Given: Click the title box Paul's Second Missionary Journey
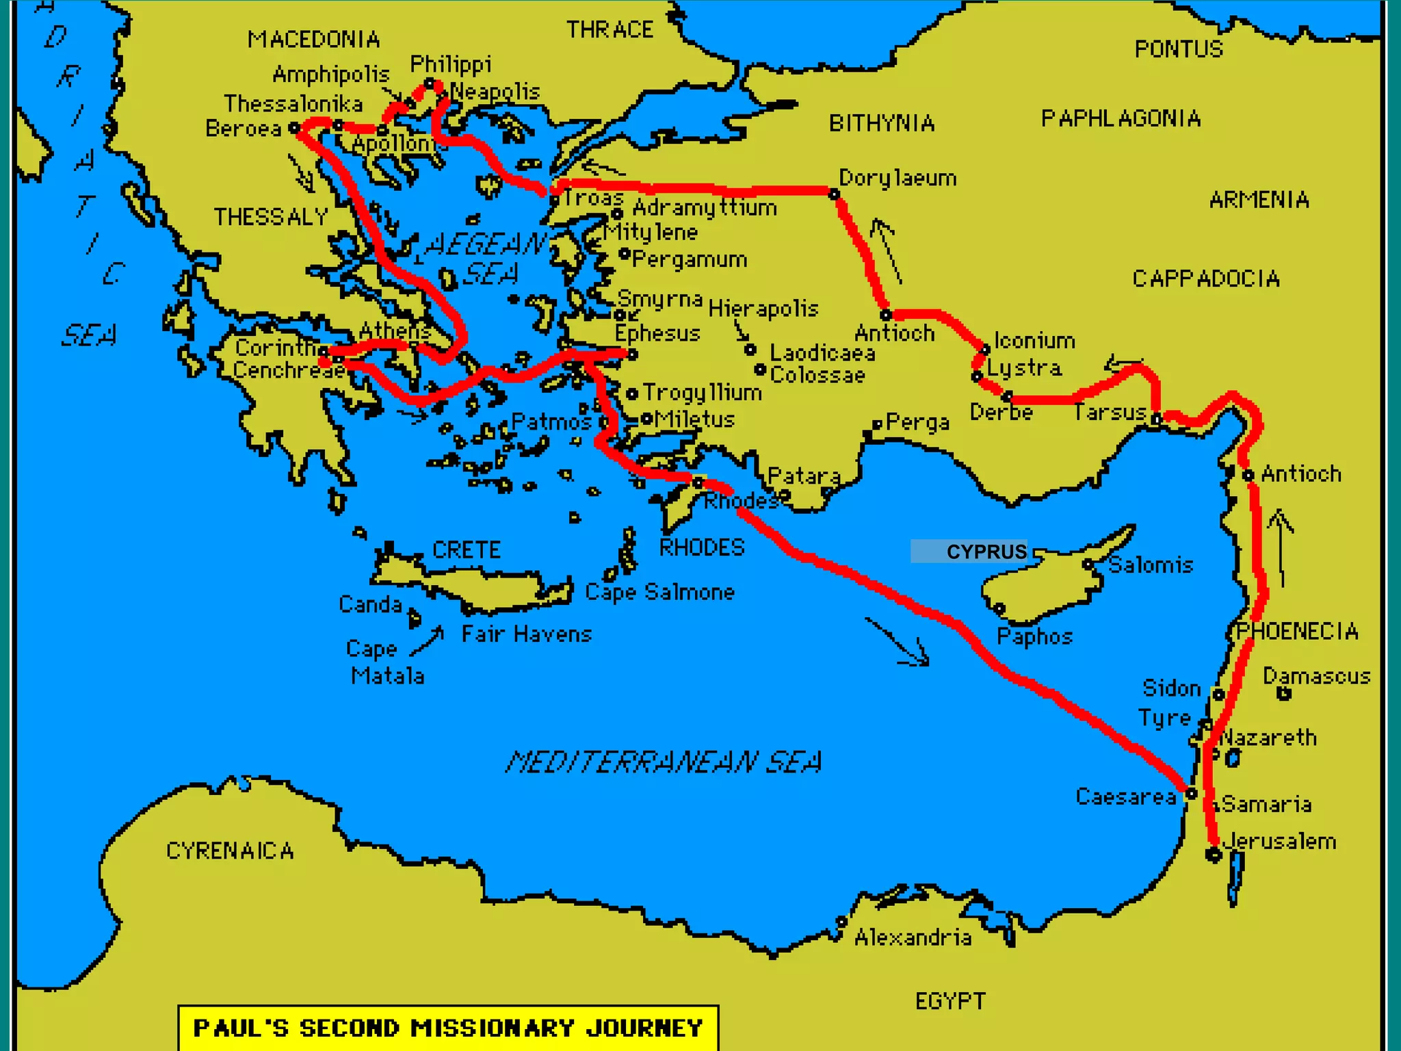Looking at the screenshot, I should [448, 1028].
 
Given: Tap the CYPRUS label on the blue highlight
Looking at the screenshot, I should [986, 552].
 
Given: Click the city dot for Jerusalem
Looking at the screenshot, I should [1214, 854].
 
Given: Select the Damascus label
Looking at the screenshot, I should [1316, 676].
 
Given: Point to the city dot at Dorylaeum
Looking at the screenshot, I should [834, 194].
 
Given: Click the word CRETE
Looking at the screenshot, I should [467, 549].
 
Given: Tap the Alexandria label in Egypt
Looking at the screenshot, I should [913, 937].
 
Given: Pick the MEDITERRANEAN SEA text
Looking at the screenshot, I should [664, 762].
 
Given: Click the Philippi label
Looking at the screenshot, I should [450, 65].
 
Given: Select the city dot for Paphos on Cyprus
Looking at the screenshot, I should [999, 608].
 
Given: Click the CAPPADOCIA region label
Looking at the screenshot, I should [1205, 278].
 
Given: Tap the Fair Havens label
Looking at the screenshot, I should [526, 634].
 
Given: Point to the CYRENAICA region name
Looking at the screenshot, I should [230, 851].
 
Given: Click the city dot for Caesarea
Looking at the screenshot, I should [1191, 794].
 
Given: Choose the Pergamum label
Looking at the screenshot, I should [689, 259].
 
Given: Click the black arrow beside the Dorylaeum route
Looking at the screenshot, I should [887, 250].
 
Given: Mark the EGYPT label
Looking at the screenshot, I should [950, 1001].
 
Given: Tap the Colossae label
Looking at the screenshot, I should [817, 375].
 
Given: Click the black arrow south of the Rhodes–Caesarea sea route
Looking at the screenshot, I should [898, 642].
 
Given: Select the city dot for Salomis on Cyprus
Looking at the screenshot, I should [1088, 565].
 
